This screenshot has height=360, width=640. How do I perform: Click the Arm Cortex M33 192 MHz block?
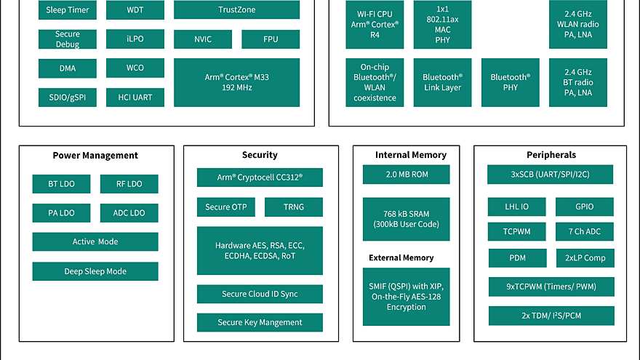236,82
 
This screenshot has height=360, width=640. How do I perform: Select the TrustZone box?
236,10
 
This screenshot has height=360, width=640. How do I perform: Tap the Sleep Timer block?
67,10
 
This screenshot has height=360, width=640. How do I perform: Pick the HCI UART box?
135,97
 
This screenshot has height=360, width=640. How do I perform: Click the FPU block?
270,39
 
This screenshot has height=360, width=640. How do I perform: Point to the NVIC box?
203,39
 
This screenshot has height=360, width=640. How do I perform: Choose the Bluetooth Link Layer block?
442,82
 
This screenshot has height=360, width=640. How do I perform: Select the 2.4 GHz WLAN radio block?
578,24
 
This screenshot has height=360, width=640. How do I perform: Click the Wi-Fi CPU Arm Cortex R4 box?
375,24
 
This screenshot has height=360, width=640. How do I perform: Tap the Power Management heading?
95,155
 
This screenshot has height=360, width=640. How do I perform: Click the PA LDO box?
61,213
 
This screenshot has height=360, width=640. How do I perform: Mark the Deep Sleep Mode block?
95,271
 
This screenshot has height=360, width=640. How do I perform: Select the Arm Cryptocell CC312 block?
260,177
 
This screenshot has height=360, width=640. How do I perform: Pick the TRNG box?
293,207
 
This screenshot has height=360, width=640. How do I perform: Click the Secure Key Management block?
260,322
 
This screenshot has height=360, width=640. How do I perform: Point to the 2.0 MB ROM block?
406,175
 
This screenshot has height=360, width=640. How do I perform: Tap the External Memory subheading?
401,257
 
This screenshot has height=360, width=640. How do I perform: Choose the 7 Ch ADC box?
585,232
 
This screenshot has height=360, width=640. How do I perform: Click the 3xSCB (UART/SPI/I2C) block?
551,175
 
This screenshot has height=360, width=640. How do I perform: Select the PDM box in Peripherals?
517,258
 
